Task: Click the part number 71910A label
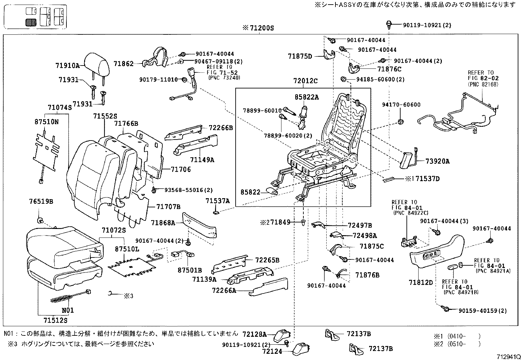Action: [67, 66]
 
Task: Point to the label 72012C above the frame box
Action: [305, 81]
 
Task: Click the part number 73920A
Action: [438, 161]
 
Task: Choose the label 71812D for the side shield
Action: [421, 282]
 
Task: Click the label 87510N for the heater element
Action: [46, 122]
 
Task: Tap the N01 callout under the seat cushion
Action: [68, 310]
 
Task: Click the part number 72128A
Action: [255, 334]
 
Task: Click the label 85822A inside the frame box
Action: [307, 97]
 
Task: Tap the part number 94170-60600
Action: [401, 105]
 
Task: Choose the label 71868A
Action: [163, 223]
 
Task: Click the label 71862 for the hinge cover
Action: [123, 64]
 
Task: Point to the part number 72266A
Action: [224, 291]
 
